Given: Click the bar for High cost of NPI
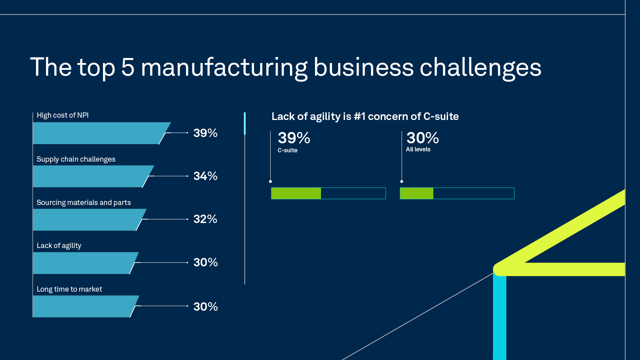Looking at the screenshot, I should tap(97, 133).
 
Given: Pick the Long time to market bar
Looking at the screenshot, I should tap(82, 306).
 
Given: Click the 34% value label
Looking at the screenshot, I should tap(205, 176).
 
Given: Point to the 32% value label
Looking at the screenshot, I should tap(205, 219).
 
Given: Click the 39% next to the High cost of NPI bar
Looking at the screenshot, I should tap(205, 133).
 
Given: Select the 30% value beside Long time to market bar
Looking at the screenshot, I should tap(205, 307).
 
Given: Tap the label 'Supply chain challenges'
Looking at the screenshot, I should tap(76, 159).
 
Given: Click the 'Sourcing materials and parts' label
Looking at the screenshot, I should tap(84, 203).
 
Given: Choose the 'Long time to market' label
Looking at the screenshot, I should tap(69, 289).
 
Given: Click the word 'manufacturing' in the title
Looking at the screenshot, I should tap(224, 68).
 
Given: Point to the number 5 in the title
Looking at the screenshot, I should tap(128, 68).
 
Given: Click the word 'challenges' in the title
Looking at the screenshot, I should tap(480, 68).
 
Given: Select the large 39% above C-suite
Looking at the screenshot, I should tap(294, 138).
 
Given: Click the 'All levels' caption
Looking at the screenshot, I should tap(418, 149).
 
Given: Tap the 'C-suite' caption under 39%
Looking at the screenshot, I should tap(287, 150).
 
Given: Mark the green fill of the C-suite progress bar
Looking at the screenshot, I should tap(296, 193).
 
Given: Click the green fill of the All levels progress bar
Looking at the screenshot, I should tap(417, 193).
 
